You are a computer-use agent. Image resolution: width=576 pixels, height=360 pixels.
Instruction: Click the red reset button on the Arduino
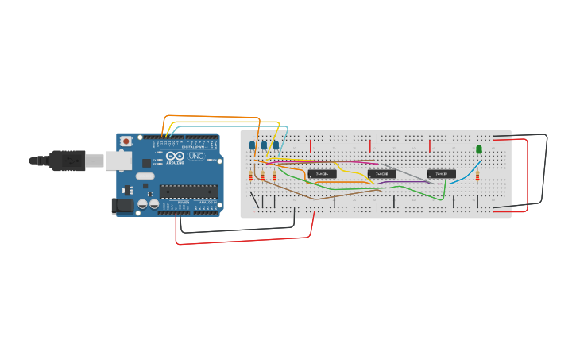coord(126,141)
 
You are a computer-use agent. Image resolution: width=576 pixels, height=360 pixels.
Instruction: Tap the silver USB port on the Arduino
coord(118,161)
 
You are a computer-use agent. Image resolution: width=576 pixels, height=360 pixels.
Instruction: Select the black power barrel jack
coord(122,205)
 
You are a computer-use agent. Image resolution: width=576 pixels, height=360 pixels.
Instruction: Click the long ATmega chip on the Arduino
coord(188,191)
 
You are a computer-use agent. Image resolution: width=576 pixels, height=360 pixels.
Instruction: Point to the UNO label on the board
coord(195,157)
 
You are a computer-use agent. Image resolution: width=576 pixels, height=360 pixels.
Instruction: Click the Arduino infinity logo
coord(175,156)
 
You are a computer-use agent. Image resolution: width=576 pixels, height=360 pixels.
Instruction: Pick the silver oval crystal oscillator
coord(145,176)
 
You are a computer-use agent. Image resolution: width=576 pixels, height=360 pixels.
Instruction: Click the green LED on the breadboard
coord(479,149)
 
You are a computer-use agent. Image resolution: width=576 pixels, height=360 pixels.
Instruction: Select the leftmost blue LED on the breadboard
coord(253,145)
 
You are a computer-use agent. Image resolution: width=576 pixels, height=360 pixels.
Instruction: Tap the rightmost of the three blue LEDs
coord(276,145)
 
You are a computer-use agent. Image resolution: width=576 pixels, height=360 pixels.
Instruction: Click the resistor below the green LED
coord(477,176)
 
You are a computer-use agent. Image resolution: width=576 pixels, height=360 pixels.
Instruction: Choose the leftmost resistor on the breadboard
coord(251,176)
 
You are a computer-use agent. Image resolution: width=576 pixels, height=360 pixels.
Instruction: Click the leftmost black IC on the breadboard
coord(322,173)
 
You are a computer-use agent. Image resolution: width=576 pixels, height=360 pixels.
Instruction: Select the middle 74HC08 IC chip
coord(381,173)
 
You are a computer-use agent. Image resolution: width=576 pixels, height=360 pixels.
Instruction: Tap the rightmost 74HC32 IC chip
coord(441,173)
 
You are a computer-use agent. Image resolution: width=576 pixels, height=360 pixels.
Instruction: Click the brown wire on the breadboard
coord(302,192)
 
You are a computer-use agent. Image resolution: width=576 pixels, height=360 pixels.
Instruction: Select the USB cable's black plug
coord(68,161)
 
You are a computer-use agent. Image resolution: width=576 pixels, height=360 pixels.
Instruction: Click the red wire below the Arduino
coord(238,240)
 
